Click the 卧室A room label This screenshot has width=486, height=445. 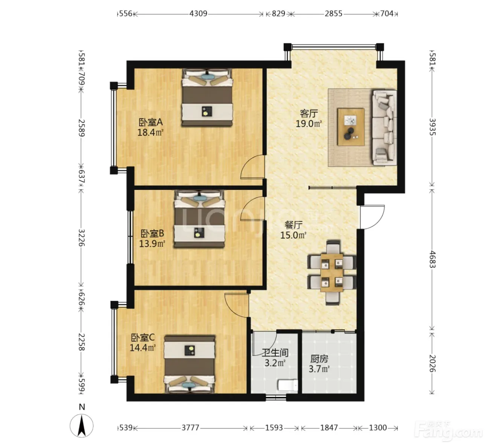coord(150,122)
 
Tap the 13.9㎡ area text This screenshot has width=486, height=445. coord(152,243)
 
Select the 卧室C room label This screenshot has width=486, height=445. coord(143,337)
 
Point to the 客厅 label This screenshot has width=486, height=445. coord(309,113)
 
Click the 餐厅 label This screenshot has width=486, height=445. coord(293,225)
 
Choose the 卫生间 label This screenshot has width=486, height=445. coord(275,353)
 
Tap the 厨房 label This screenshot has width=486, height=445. coord(319,359)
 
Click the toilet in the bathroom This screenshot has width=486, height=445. coord(287,385)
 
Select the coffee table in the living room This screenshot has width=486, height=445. coord(351,127)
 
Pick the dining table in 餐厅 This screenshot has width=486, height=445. coord(332,273)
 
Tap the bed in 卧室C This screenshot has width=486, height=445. coord(190,364)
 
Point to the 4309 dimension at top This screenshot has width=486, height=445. coord(198,14)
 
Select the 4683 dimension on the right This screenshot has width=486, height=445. coord(433,259)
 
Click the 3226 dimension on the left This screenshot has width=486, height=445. coord(82,238)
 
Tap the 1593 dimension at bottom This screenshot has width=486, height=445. coord(274,428)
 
